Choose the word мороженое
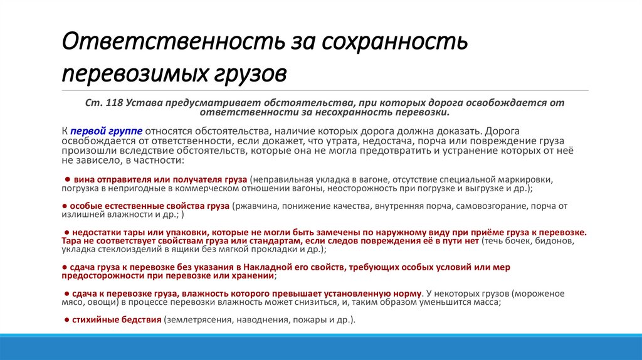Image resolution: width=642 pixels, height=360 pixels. pyautogui.click(x=544, y=294)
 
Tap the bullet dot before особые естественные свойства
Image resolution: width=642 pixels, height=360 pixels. pyautogui.click(x=64, y=205)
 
